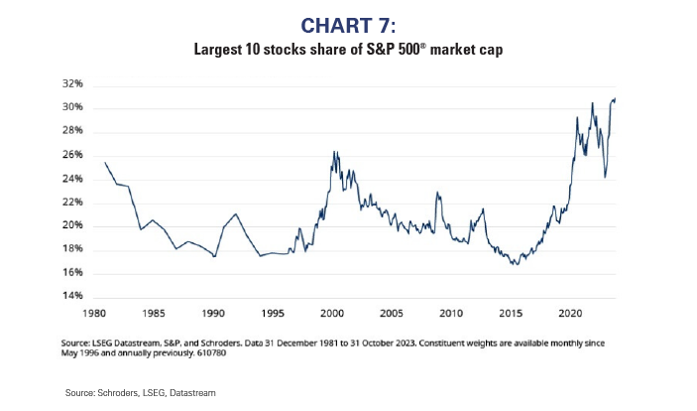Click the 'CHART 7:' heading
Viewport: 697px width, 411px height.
coord(348,25)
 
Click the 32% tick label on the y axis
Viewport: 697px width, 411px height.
coord(69,84)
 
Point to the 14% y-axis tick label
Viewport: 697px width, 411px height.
coord(69,297)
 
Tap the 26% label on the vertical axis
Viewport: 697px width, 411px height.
coord(69,155)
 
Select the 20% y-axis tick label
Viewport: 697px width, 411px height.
coord(69,226)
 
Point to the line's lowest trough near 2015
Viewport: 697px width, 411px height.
coord(514,265)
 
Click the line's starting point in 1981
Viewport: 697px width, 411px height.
coord(105,162)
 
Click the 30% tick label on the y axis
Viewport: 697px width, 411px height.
coord(69,108)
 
